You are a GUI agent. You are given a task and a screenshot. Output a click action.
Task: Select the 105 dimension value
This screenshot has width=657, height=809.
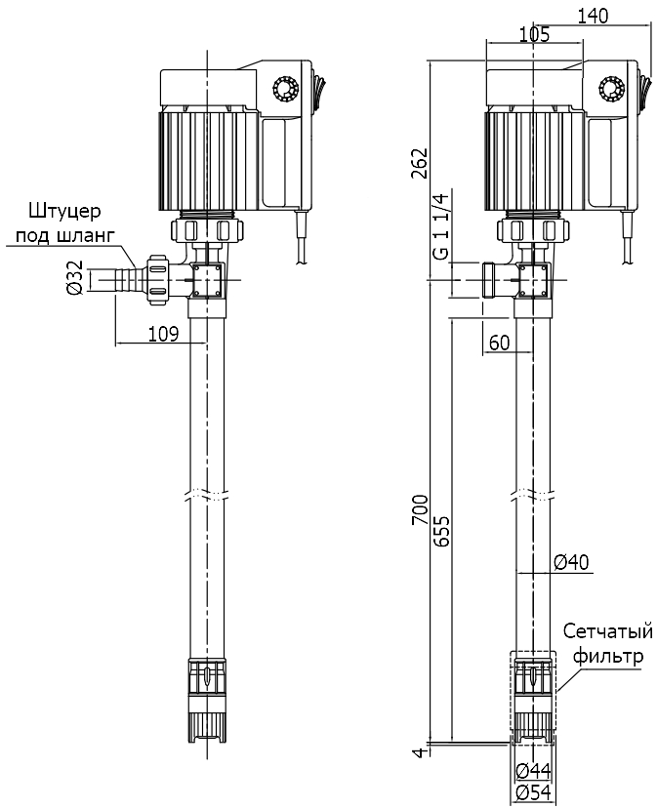[534, 35]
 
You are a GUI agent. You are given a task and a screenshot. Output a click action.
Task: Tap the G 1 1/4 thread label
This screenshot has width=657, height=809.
[441, 226]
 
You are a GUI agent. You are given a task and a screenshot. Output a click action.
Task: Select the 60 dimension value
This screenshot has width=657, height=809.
[500, 342]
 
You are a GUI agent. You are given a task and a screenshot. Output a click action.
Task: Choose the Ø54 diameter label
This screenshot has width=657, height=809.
[534, 792]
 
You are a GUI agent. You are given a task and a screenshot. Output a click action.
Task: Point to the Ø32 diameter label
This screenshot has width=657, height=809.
[73, 279]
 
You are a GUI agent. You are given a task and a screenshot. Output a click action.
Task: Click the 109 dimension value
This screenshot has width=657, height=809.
[163, 334]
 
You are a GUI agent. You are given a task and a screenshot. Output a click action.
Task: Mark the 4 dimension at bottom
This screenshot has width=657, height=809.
[419, 751]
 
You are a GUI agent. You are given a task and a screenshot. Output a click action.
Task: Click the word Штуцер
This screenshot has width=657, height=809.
[65, 211]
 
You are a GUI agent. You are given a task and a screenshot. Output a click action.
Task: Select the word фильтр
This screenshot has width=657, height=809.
[609, 656]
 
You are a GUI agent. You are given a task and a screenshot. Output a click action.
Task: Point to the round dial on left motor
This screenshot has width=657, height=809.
[289, 90]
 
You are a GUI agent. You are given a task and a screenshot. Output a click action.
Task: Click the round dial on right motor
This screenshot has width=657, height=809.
[613, 90]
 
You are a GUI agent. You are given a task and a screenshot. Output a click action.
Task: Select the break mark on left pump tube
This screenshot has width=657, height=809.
[207, 494]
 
